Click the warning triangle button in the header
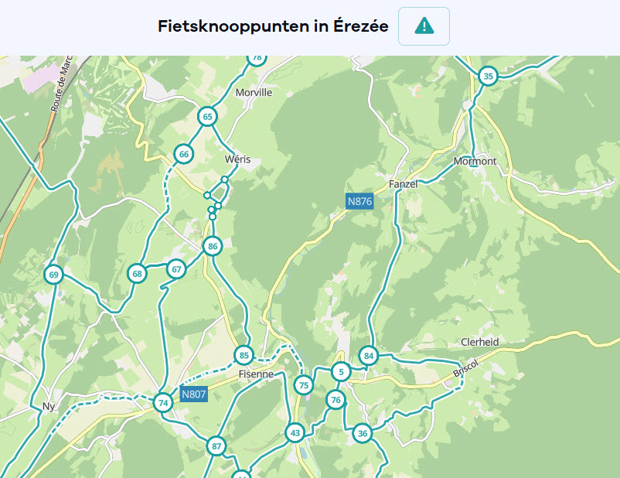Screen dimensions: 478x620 424,26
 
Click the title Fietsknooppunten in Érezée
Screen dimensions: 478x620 273,26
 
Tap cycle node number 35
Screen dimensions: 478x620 488,76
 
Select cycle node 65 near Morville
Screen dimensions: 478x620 207,117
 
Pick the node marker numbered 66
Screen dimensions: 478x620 183,154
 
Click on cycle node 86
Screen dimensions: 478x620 213,247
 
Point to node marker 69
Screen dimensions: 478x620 53,275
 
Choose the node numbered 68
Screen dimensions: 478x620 138,273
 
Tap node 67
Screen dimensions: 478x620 177,269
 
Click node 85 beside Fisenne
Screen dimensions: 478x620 244,356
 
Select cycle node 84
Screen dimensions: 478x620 369,356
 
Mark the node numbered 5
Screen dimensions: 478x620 340,372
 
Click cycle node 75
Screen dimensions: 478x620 304,385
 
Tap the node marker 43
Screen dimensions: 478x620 295,432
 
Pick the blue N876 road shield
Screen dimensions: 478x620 359,202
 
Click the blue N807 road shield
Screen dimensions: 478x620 194,394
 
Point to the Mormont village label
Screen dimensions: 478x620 475,162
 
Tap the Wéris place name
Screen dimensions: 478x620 237,159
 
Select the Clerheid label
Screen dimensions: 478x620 479,342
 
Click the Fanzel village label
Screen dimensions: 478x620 404,184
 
